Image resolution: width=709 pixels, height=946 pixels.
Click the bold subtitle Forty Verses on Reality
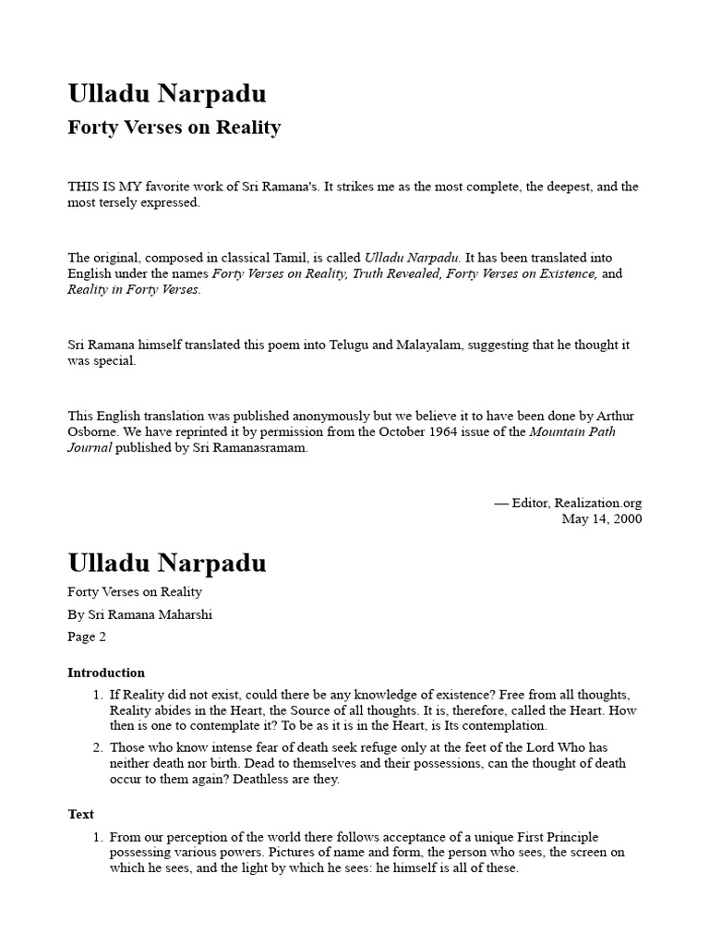(x=174, y=127)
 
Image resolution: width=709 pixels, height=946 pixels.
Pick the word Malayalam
(x=429, y=345)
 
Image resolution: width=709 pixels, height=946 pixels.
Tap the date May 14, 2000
(x=602, y=518)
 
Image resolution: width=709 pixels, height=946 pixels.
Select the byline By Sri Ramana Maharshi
(x=140, y=614)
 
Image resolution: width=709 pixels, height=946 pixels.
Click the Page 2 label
(x=88, y=637)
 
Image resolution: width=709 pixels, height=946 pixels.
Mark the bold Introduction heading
(x=106, y=673)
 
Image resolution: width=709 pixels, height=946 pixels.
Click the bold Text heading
(x=81, y=814)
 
